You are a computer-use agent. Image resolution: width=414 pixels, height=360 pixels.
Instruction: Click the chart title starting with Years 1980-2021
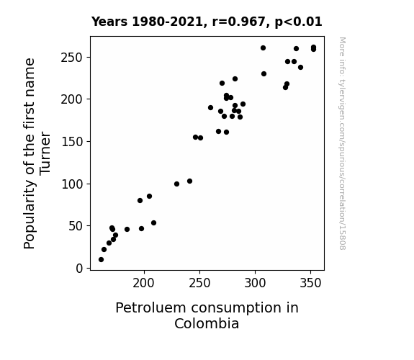click(x=207, y=22)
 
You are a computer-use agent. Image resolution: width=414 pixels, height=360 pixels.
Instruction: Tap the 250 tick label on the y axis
click(x=71, y=58)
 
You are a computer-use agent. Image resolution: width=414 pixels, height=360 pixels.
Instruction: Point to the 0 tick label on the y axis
click(x=79, y=269)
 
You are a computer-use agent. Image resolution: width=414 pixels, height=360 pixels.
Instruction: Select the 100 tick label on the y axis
click(x=72, y=184)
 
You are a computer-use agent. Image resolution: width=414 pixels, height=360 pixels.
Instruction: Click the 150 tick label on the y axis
click(x=72, y=142)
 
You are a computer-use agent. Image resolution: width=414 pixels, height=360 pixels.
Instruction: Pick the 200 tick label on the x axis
click(x=143, y=283)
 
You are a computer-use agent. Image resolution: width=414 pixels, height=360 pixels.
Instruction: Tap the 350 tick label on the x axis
click(x=310, y=283)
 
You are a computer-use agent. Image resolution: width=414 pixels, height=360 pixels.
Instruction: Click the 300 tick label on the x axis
click(x=255, y=283)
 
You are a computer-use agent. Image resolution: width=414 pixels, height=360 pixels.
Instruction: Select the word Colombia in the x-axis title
click(x=207, y=324)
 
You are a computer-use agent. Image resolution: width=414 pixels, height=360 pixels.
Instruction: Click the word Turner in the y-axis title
click(x=45, y=153)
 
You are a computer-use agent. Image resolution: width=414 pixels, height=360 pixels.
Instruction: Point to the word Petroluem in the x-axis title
click(x=150, y=308)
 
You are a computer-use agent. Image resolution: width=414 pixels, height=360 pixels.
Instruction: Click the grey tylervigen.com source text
click(x=342, y=143)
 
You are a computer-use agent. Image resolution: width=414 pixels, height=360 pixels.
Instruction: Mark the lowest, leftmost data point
click(x=101, y=260)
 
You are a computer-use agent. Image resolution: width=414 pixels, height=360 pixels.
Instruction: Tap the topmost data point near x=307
click(x=263, y=48)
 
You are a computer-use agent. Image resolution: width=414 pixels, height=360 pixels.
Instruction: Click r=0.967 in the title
click(x=239, y=22)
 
